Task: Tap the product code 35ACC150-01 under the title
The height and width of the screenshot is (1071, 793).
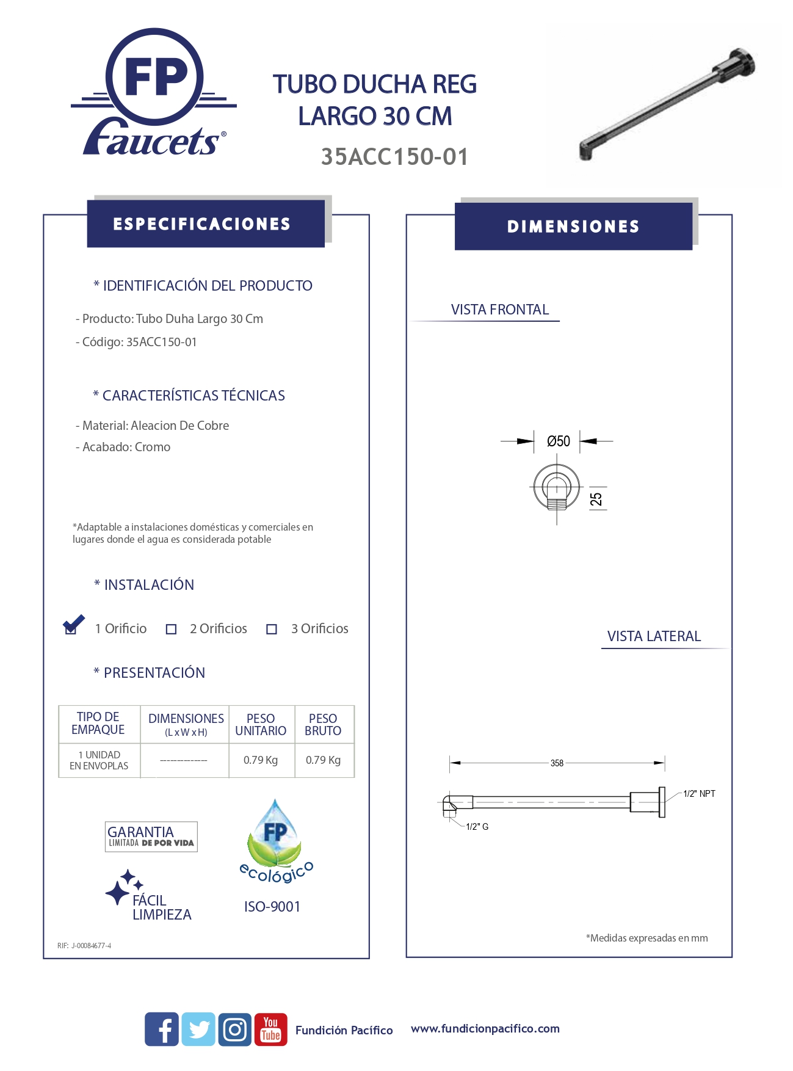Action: pyautogui.click(x=394, y=157)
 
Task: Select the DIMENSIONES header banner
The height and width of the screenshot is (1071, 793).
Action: pyautogui.click(x=573, y=227)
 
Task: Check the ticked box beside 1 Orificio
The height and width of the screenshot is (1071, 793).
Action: pyautogui.click(x=71, y=628)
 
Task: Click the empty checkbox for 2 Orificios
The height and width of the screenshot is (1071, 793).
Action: pyautogui.click(x=172, y=629)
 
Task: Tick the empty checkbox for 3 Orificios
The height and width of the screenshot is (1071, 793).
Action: pyautogui.click(x=272, y=629)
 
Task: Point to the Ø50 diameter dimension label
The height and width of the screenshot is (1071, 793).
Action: pyautogui.click(x=558, y=441)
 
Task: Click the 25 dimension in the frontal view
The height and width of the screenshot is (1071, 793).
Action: pyautogui.click(x=596, y=499)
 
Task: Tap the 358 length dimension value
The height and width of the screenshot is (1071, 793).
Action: pyautogui.click(x=557, y=763)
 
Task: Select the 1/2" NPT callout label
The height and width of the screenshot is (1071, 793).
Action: pyautogui.click(x=699, y=793)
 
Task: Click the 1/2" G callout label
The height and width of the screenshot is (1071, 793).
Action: pyautogui.click(x=477, y=826)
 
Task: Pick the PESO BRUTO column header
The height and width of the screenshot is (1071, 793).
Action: pyautogui.click(x=323, y=725)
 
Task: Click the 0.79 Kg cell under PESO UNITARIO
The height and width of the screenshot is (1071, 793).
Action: pyautogui.click(x=261, y=760)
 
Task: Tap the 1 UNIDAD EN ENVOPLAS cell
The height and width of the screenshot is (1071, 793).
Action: pyautogui.click(x=99, y=760)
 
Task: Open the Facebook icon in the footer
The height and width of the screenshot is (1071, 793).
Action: pyautogui.click(x=162, y=1029)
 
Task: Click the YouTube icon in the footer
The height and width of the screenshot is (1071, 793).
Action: pyautogui.click(x=270, y=1029)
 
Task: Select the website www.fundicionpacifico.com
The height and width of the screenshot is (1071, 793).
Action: pyautogui.click(x=485, y=1029)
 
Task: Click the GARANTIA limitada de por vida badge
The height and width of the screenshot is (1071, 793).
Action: pyautogui.click(x=151, y=836)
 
